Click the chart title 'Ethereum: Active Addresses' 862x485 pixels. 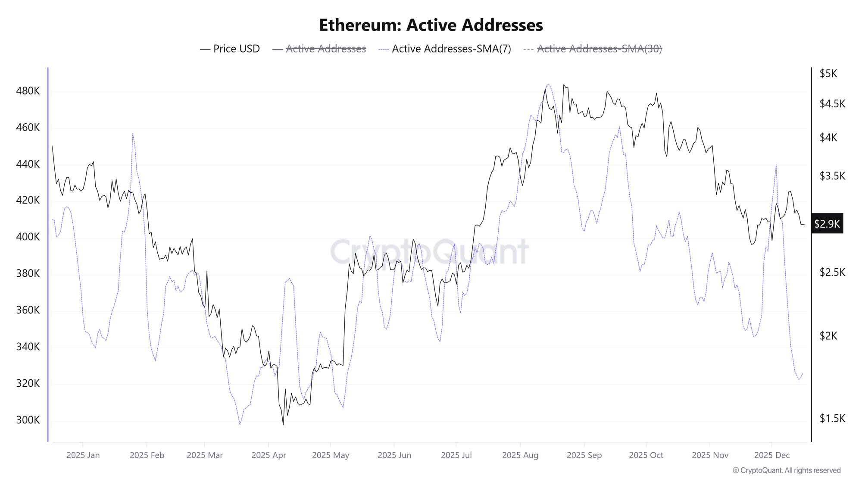pos(431,25)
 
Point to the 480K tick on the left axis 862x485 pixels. pos(28,91)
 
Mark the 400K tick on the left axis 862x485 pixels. pos(28,237)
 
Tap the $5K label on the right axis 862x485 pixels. pos(828,74)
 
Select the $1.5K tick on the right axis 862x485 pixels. pos(832,419)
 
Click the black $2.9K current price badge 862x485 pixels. pos(827,224)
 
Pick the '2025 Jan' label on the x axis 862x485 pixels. pos(83,455)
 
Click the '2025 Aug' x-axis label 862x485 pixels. pos(520,455)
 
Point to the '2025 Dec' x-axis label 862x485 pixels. pos(771,455)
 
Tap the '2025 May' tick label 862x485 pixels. pos(330,455)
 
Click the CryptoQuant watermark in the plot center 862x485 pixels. pos(429,252)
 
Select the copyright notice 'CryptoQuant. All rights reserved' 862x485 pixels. pos(787,470)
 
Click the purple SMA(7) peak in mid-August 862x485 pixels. pos(547,84)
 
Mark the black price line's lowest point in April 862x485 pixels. pos(283,425)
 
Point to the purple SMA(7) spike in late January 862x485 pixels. pos(133,134)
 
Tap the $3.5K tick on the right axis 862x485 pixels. pos(832,176)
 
